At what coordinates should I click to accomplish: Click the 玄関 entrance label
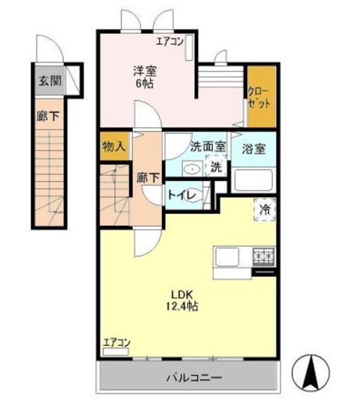[x=50, y=81]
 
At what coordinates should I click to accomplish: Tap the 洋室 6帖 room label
[x=144, y=77]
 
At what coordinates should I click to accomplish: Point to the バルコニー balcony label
[x=194, y=378]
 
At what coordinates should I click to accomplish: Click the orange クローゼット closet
[x=262, y=97]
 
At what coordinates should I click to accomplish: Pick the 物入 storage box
[x=114, y=146]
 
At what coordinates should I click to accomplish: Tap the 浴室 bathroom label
[x=253, y=149]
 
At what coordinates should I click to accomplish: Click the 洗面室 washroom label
[x=208, y=146]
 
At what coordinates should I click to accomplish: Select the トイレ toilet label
[x=182, y=195]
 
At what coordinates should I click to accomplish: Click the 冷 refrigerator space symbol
[x=265, y=210]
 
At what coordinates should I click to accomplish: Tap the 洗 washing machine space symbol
[x=216, y=167]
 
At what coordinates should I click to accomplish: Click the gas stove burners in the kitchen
[x=264, y=257]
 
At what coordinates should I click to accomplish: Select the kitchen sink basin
[x=227, y=257]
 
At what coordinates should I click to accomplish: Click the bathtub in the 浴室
[x=253, y=180]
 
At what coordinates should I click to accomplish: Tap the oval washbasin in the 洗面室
[x=192, y=169]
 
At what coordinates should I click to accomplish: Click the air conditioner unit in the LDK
[x=115, y=352]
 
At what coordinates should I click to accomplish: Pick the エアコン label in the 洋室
[x=170, y=41]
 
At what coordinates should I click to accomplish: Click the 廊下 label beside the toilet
[x=148, y=178]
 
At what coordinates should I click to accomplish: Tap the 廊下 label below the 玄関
[x=48, y=116]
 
